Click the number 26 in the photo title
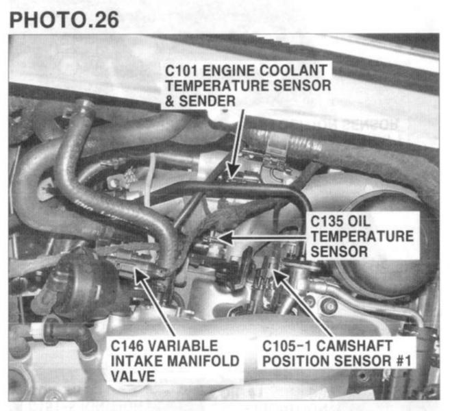(107, 20)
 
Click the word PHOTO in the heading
(47, 20)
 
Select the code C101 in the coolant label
(182, 71)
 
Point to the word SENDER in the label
(208, 101)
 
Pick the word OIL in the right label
(359, 221)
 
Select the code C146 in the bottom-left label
(127, 345)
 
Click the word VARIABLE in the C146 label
(183, 345)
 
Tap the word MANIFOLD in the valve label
(203, 361)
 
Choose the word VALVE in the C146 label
(133, 376)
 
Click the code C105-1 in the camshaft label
(287, 345)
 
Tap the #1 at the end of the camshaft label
(403, 361)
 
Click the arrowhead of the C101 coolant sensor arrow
(234, 171)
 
